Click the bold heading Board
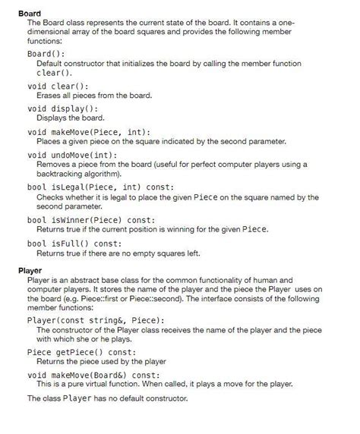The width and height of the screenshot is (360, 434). [x=30, y=14]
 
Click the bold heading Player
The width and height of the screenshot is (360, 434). [x=30, y=270]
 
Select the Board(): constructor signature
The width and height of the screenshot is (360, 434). [x=46, y=55]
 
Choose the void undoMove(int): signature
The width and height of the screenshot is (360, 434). [x=79, y=155]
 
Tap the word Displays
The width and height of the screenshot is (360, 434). [x=52, y=118]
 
